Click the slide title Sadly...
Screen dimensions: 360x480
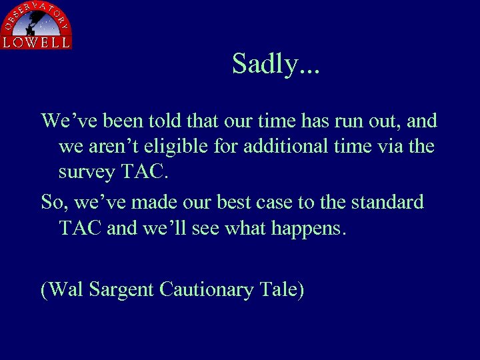coord(275,65)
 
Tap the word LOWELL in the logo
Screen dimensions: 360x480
coord(36,42)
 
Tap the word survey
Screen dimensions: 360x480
coord(87,171)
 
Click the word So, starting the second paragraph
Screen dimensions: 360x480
coord(53,202)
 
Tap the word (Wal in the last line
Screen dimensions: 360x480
coord(62,290)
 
